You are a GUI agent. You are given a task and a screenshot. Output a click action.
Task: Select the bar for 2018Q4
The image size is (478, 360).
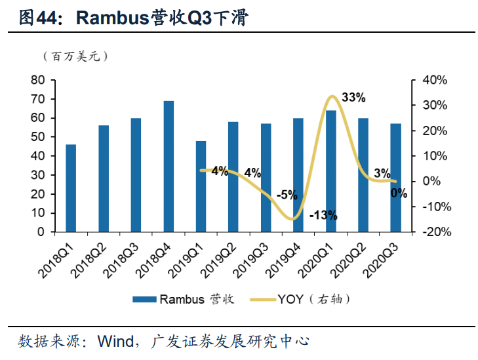tap(169, 167)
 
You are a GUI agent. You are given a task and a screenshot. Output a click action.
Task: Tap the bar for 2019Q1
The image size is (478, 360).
tap(201, 186)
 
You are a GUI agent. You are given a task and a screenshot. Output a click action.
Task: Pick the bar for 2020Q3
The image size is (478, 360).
tap(395, 178)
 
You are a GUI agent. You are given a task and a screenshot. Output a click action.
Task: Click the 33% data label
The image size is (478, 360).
tap(353, 98)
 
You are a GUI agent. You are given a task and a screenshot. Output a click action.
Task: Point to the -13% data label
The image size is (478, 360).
tap(323, 214)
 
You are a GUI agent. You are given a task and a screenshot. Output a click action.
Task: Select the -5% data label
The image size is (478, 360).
tap(287, 195)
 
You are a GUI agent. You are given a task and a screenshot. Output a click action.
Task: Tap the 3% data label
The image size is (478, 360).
tap(382, 173)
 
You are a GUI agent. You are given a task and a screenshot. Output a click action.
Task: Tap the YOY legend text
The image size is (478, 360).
tap(292, 299)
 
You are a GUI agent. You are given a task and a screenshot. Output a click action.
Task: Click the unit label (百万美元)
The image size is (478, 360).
tap(75, 56)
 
